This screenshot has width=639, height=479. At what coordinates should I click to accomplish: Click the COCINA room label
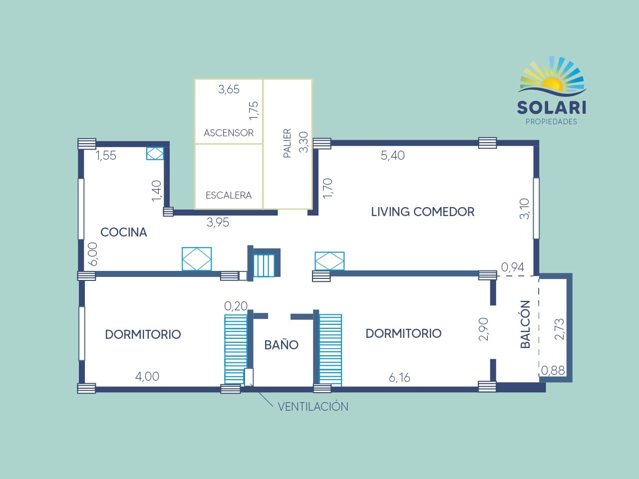tap(124, 233)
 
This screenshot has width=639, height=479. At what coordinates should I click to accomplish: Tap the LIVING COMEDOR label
tap(423, 212)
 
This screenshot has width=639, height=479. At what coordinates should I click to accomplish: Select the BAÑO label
tap(281, 344)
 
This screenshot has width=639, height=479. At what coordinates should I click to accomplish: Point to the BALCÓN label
tap(525, 324)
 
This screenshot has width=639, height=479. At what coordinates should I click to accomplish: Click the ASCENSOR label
tap(229, 133)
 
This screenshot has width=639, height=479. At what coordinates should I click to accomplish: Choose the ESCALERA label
tap(229, 195)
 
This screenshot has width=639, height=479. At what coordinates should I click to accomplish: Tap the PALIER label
tap(287, 143)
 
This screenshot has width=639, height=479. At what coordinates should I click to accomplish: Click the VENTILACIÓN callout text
tap(313, 406)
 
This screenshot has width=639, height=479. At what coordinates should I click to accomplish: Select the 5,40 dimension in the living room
tap(393, 156)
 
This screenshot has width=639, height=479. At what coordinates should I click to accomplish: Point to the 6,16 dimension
tap(399, 378)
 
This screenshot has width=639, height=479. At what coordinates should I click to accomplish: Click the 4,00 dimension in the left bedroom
tap(147, 377)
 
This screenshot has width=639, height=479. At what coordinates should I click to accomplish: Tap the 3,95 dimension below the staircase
tap(218, 223)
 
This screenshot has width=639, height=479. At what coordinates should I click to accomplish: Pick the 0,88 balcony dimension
tap(553, 371)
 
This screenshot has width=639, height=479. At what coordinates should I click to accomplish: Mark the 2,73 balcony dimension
tap(560, 329)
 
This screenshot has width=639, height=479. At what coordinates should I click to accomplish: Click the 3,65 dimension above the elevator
tap(229, 89)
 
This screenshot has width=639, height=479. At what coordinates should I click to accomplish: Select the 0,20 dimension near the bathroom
tap(236, 306)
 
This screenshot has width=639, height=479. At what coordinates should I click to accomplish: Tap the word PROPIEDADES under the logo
tap(551, 122)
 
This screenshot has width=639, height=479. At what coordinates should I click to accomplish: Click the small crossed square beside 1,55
tap(155, 153)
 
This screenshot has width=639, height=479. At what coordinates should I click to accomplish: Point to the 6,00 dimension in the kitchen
tap(93, 254)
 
